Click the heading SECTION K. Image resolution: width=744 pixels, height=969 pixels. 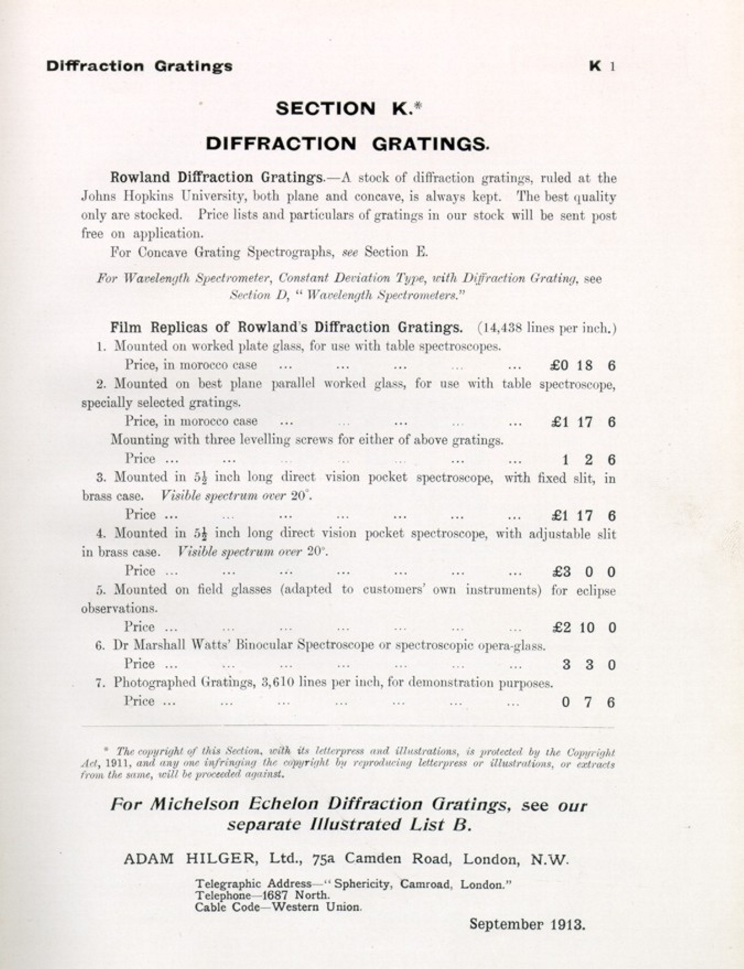[348, 109]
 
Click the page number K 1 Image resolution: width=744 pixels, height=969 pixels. [602, 67]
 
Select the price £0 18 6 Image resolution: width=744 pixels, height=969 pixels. [583, 365]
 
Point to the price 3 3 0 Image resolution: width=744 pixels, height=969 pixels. [588, 665]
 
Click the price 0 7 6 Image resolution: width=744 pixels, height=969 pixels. [588, 702]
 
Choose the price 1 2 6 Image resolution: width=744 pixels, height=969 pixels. [588, 460]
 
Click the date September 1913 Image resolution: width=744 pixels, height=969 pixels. [527, 924]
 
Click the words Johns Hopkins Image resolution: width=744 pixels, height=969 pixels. [127, 196]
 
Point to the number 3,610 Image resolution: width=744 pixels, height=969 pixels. [277, 683]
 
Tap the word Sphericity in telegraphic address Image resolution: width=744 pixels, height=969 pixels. [364, 884]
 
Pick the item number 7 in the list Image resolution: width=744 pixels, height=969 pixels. [100, 683]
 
